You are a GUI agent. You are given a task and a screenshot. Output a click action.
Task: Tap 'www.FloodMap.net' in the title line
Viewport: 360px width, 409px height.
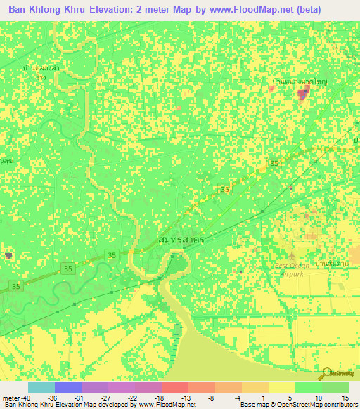click(x=239, y=10)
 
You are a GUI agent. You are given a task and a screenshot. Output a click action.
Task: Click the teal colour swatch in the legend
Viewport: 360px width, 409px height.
click(x=41, y=387)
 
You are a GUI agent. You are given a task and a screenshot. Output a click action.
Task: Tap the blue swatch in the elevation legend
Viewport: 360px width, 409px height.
click(x=68, y=387)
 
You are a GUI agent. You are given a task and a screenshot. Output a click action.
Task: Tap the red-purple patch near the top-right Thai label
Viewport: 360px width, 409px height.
click(x=303, y=95)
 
